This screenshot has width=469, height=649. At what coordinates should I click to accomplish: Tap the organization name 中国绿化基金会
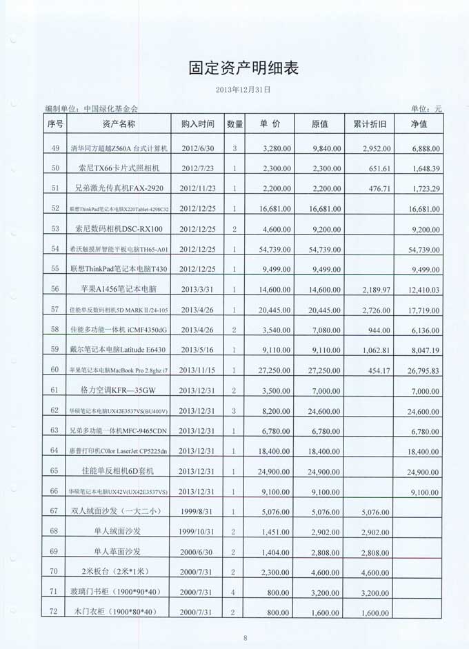point(110,109)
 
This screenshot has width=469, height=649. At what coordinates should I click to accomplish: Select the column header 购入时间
point(197,124)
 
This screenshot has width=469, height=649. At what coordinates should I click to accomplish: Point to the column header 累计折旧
point(374,124)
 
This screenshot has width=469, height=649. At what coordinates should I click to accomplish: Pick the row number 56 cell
point(55,290)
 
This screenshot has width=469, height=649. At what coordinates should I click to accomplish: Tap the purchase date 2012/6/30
point(197,148)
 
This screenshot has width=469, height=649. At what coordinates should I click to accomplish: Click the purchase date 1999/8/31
point(197,512)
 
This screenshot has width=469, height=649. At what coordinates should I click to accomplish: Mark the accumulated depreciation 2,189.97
point(377,290)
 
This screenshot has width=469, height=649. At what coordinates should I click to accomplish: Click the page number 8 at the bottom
point(245,637)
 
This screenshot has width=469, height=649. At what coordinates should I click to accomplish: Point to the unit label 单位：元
point(426,109)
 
